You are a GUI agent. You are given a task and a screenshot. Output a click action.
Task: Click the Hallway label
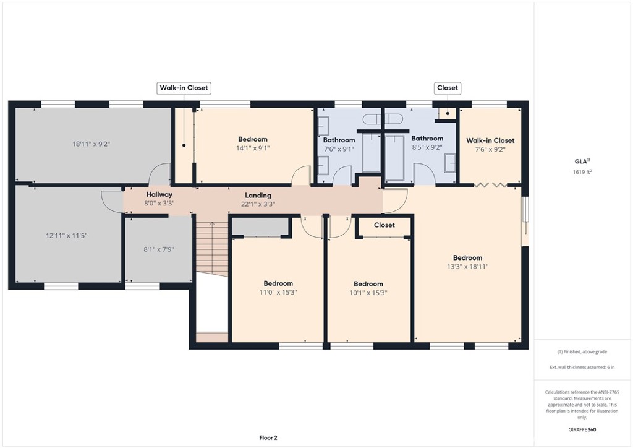pyautogui.click(x=159, y=195)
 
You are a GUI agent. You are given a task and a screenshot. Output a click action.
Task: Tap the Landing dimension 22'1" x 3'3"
pyautogui.click(x=258, y=204)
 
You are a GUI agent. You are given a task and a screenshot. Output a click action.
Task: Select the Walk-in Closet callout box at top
pyautogui.click(x=184, y=88)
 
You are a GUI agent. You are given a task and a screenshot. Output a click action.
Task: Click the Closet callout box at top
pyautogui.click(x=448, y=88)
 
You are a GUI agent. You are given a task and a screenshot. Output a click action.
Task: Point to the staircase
pyautogui.click(x=212, y=249)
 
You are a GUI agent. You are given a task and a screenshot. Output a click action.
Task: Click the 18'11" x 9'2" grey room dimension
pyautogui.click(x=91, y=144)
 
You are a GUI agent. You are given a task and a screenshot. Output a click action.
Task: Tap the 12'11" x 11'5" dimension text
pyautogui.click(x=66, y=236)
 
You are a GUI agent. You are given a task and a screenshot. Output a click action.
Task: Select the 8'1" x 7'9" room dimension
pyautogui.click(x=159, y=249)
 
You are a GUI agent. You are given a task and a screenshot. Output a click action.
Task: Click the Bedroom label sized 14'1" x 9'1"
pyautogui.click(x=253, y=139)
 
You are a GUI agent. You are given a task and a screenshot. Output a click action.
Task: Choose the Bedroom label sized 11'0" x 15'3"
pyautogui.click(x=278, y=283)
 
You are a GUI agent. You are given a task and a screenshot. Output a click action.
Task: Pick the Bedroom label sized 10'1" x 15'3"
pyautogui.click(x=368, y=284)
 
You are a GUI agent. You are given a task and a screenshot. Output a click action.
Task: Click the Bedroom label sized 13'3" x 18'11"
pyautogui.click(x=467, y=258)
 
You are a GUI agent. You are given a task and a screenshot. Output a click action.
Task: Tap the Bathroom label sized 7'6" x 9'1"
pyautogui.click(x=339, y=140)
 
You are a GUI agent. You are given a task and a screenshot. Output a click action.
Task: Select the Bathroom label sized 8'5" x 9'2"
pyautogui.click(x=427, y=139)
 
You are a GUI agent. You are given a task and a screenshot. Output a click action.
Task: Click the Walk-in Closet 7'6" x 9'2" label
pyautogui.click(x=490, y=140)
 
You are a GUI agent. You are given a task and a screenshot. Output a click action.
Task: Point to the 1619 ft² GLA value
pyautogui.click(x=582, y=171)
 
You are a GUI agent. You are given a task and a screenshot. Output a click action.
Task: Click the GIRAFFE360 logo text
pyautogui.click(x=582, y=429)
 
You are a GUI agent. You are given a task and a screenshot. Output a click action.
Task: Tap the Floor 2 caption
pyautogui.click(x=268, y=438)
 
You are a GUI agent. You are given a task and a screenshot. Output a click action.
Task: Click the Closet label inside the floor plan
pyautogui.click(x=384, y=225)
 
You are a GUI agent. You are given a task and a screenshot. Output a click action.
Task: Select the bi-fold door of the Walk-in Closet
pyautogui.click(x=490, y=185)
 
